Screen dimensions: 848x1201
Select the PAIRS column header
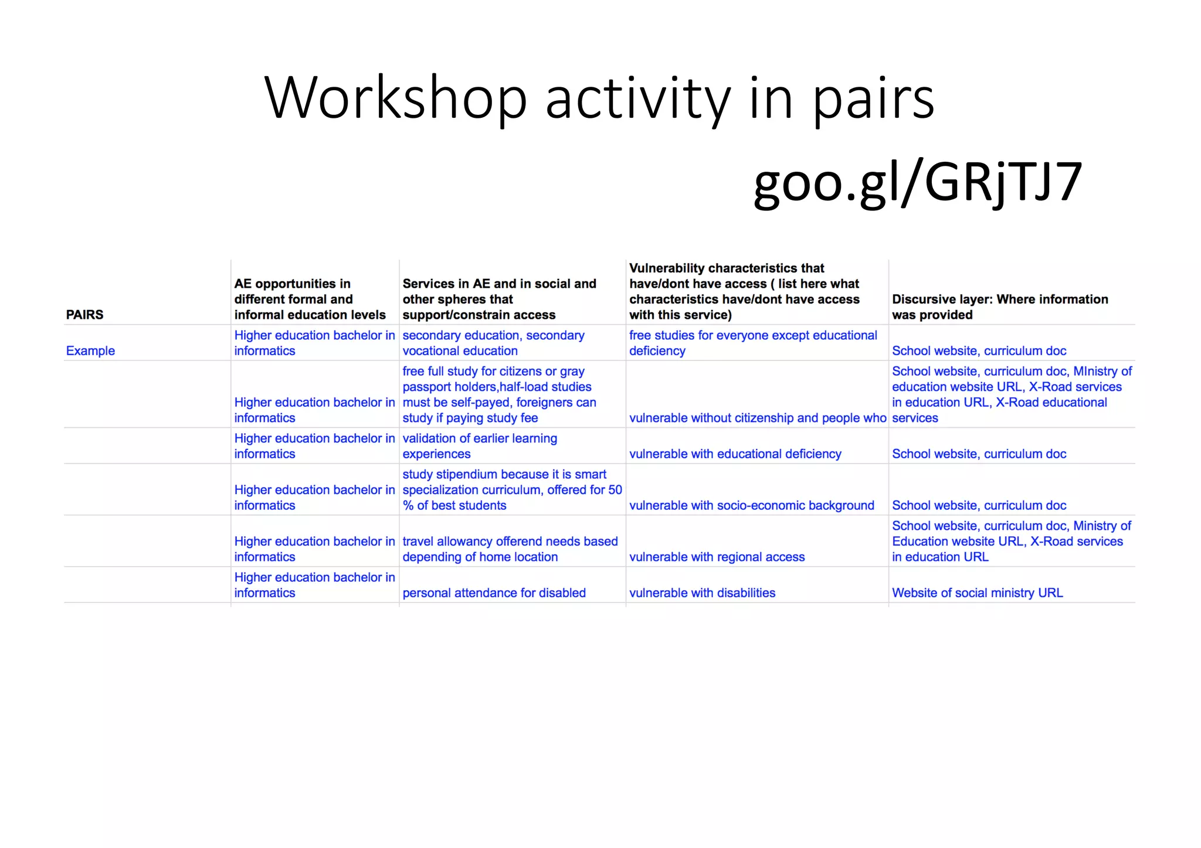tap(84, 315)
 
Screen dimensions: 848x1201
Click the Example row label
tap(90, 350)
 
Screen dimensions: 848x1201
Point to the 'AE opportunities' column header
tap(310, 299)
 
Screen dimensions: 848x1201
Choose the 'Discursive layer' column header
tap(1000, 306)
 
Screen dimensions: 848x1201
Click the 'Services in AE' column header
tap(499, 299)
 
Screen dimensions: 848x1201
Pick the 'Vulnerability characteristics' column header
tap(744, 291)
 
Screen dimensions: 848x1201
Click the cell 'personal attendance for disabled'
tap(494, 592)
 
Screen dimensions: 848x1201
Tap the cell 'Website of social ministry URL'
tap(977, 592)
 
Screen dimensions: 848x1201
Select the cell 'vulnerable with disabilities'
tap(702, 592)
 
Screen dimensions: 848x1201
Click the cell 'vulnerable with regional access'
tap(717, 557)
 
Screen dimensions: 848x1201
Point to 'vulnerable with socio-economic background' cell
tap(751, 505)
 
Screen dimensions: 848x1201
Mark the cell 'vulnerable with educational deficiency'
tap(735, 454)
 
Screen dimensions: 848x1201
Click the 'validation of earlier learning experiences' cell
tap(480, 446)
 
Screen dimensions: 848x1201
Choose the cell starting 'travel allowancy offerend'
tap(510, 549)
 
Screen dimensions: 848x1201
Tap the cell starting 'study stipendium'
tap(512, 490)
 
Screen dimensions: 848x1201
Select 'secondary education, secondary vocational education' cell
tap(493, 343)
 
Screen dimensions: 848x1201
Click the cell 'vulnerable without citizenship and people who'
tap(757, 418)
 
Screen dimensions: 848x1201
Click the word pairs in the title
tap(873, 100)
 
